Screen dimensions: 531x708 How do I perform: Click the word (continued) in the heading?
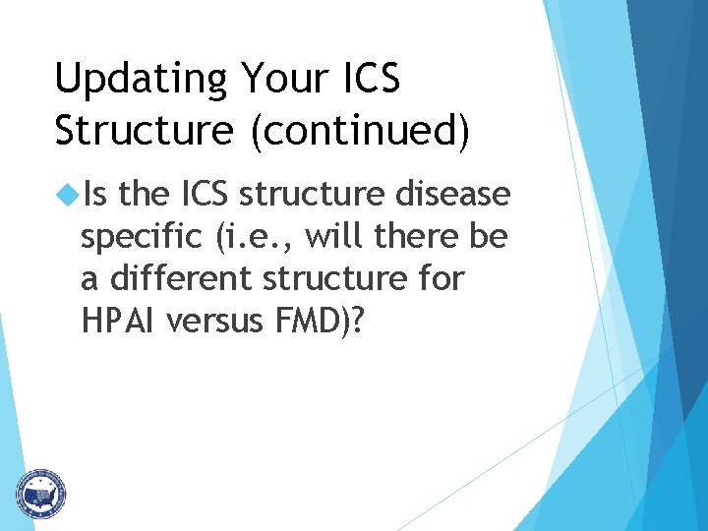click(360, 131)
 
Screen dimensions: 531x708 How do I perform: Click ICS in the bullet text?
click(206, 196)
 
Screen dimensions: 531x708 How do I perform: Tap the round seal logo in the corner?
click(40, 493)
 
